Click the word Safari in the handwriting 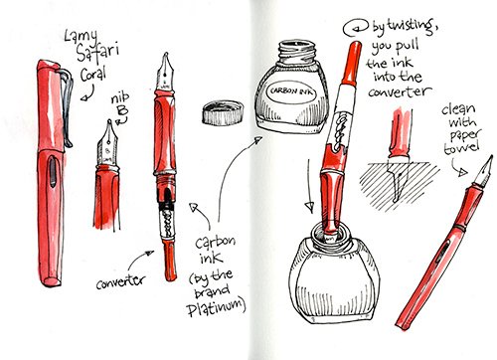click(x=97, y=53)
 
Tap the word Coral click(x=93, y=75)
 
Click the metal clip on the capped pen click(x=67, y=106)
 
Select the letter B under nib click(x=122, y=110)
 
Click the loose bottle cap click(x=223, y=112)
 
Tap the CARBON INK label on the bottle click(x=291, y=91)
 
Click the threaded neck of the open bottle click(x=295, y=52)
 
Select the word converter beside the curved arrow click(x=120, y=281)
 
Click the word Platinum click(x=216, y=307)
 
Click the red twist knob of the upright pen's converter click(x=170, y=261)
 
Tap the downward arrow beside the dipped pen click(x=309, y=186)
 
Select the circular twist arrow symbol click(x=356, y=28)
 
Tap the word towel click(x=462, y=147)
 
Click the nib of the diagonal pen click(x=483, y=172)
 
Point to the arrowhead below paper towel click(x=463, y=172)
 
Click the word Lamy click(x=82, y=36)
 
